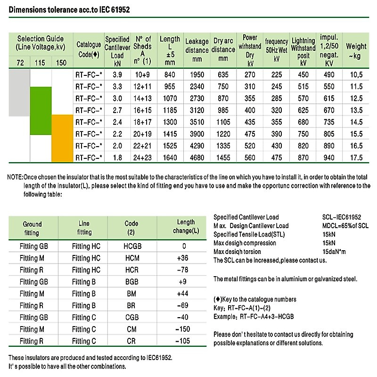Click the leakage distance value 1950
[197, 75]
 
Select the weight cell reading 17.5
[356, 158]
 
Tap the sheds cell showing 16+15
[143, 110]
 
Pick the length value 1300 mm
[170, 122]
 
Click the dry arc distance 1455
[223, 158]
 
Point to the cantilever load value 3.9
[117, 75]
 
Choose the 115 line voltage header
[40, 63]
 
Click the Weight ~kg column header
[356, 51]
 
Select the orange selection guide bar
[62, 138]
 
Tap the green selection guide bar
[41, 111]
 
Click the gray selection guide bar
[19, 93]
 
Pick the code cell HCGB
[132, 246]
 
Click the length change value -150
[183, 329]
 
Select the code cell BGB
[132, 282]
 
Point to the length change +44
[182, 294]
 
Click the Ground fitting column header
[32, 229]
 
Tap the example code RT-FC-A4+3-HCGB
[267, 317]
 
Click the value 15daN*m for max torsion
[334, 252]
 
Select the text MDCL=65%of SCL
[345, 226]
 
